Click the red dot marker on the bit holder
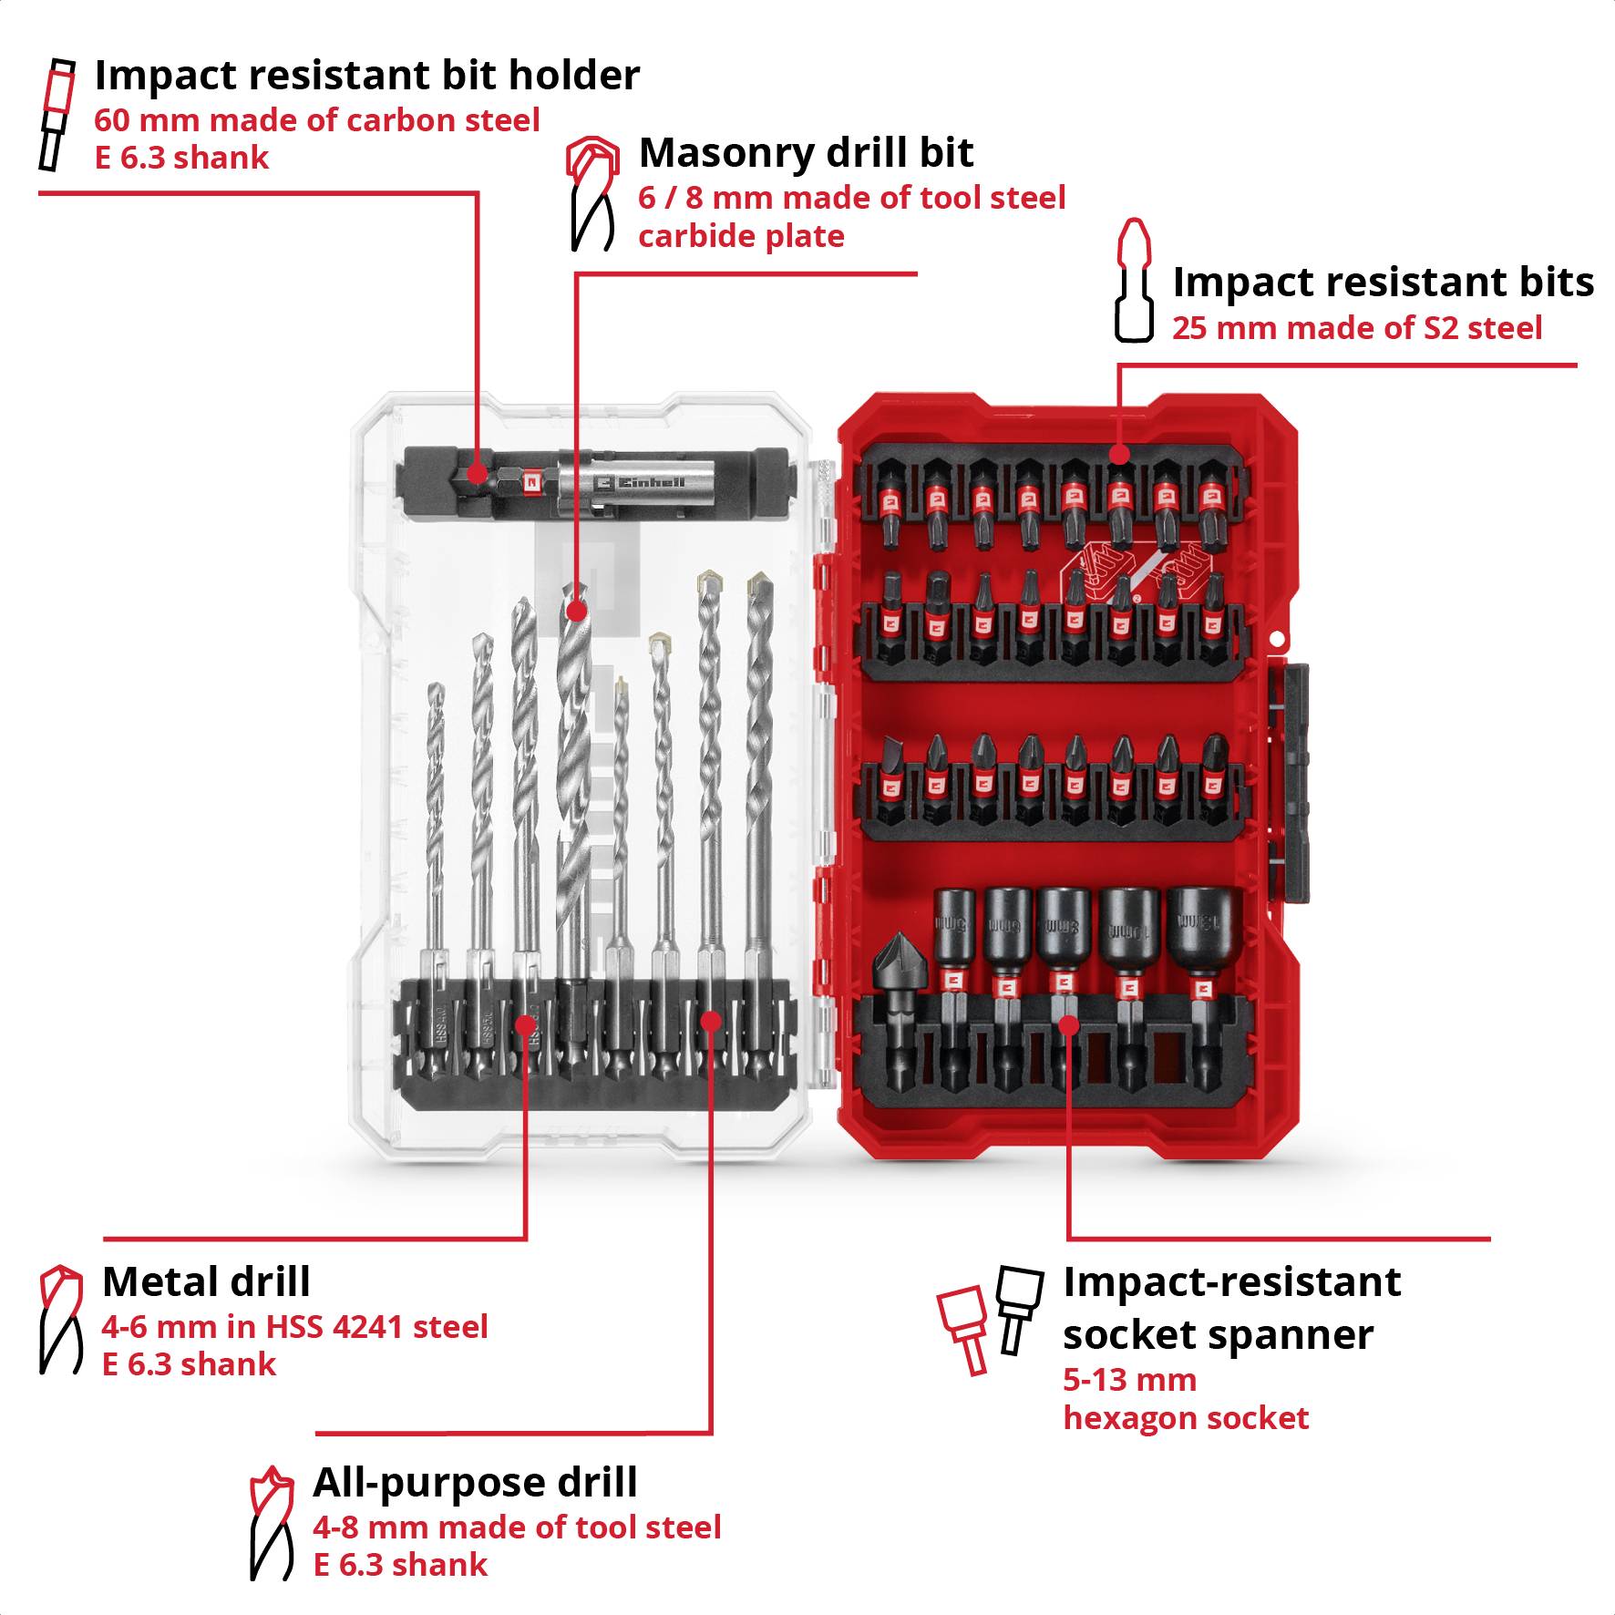(475, 473)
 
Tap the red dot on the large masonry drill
(576, 611)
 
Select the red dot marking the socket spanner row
(1069, 1025)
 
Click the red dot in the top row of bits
(1119, 453)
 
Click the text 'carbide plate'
(740, 237)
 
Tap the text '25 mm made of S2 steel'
(1356, 328)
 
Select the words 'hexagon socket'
(1185, 1418)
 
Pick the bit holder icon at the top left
(56, 114)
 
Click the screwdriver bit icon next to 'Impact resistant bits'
(1134, 281)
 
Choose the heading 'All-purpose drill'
(474, 1483)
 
